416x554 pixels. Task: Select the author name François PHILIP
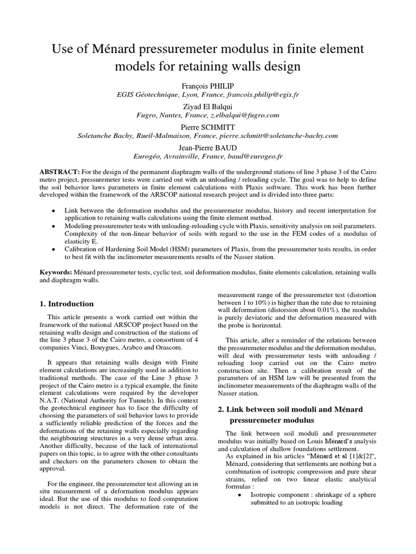coord(208,85)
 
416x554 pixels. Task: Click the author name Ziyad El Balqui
coord(208,106)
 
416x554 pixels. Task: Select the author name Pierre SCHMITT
coord(208,127)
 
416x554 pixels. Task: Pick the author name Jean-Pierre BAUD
coord(208,147)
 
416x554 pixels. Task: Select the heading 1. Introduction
coord(67,304)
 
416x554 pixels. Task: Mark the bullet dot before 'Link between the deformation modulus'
coord(52,209)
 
